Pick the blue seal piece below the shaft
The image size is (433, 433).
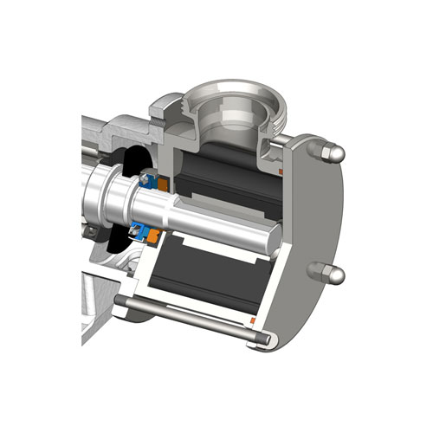tap(136, 230)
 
